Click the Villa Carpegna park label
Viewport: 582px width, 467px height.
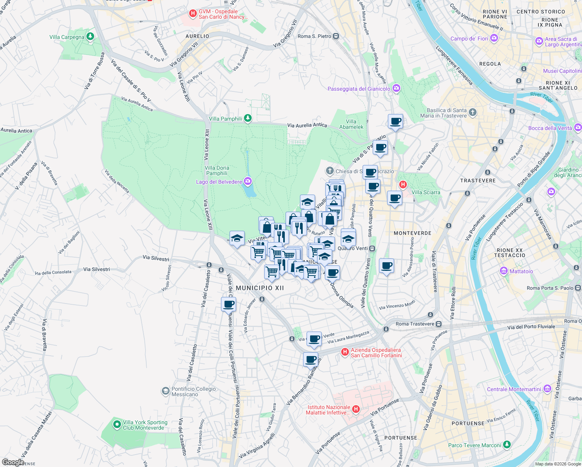pos(67,37)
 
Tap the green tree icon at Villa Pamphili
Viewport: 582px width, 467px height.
pos(248,118)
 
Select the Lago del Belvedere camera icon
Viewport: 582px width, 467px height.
pos(248,181)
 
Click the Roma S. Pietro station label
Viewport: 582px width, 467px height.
pos(314,36)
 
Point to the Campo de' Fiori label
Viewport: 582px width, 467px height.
pos(469,39)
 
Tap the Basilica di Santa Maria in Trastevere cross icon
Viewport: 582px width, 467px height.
pos(473,113)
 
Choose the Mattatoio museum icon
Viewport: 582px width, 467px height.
pos(504,271)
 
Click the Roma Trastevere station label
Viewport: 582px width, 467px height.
pos(415,324)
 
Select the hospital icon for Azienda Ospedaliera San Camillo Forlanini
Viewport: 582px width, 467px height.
pos(345,352)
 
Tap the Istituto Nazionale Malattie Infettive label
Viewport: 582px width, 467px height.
pos(328,410)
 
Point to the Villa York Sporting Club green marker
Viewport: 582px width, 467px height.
pos(117,425)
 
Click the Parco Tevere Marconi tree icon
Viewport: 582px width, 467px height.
pos(507,444)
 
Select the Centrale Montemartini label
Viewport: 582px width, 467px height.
pos(514,389)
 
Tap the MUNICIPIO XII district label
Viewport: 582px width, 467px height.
pos(260,288)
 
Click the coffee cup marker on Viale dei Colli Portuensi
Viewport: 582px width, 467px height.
pos(228,304)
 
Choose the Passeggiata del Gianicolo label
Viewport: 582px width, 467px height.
pos(359,89)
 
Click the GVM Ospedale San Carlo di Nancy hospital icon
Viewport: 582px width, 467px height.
pos(193,14)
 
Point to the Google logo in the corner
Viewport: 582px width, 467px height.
pos(13,462)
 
